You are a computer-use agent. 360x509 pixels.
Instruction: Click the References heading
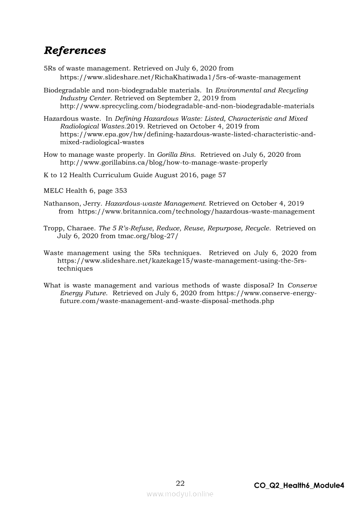(75, 51)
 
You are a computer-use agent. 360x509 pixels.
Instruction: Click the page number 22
(180, 483)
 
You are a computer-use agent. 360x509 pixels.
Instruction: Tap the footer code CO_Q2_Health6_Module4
(299, 485)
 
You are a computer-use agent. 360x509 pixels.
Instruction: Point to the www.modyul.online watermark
(180, 494)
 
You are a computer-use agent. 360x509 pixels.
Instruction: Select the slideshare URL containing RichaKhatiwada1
(180, 77)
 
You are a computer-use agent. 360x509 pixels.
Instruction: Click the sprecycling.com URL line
(187, 106)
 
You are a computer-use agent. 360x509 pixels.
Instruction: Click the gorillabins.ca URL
(163, 162)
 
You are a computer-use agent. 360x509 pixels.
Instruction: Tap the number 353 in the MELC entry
(121, 191)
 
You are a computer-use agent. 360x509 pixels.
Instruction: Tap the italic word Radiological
(78, 126)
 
